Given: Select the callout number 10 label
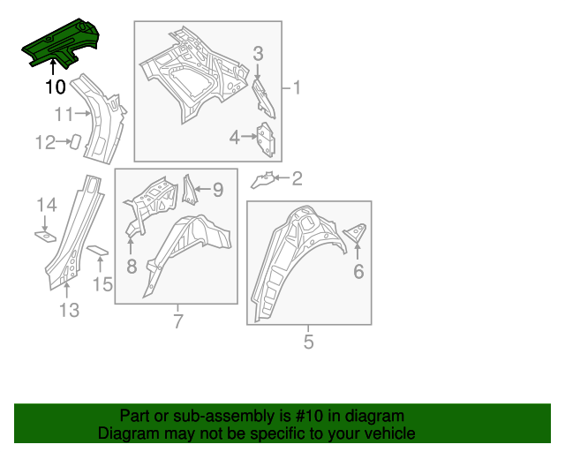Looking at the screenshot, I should tap(55, 87).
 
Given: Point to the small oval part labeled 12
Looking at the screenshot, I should tap(76, 141).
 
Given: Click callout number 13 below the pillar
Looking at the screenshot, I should tap(69, 309).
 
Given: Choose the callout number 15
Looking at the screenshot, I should tap(103, 283).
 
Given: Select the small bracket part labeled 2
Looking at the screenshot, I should tap(263, 181).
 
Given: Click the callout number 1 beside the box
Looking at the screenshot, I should tap(296, 88).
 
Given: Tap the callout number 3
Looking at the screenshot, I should tap(258, 55).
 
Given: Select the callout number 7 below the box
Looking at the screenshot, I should tap(177, 321).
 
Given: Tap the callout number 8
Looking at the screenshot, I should tap(131, 265).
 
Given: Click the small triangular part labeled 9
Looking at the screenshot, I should tap(188, 188).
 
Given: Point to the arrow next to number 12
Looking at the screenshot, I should tap(64, 141).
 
